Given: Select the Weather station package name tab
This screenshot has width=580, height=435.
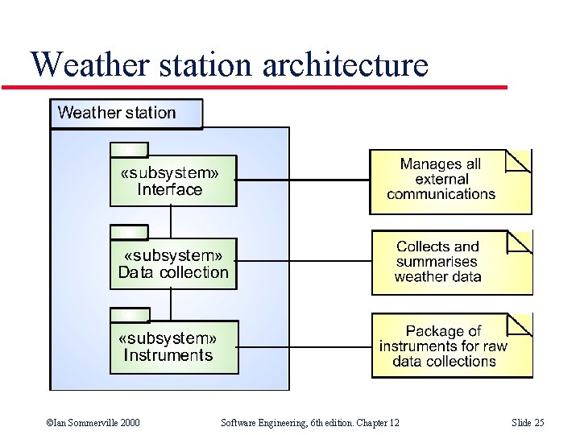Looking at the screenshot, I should (126, 113).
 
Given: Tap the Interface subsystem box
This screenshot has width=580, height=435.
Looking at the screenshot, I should (173, 180).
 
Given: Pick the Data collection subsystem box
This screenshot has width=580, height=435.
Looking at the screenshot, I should (173, 263).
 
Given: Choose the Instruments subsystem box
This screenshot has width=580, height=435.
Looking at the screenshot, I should (173, 346).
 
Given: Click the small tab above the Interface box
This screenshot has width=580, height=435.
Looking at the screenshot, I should (129, 149).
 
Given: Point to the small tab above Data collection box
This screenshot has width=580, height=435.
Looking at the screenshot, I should (129, 232).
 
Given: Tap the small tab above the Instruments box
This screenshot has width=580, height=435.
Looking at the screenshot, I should (129, 314).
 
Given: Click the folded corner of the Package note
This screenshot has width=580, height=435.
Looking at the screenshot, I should (520, 325).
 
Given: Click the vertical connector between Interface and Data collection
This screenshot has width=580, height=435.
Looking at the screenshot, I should (171, 222).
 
